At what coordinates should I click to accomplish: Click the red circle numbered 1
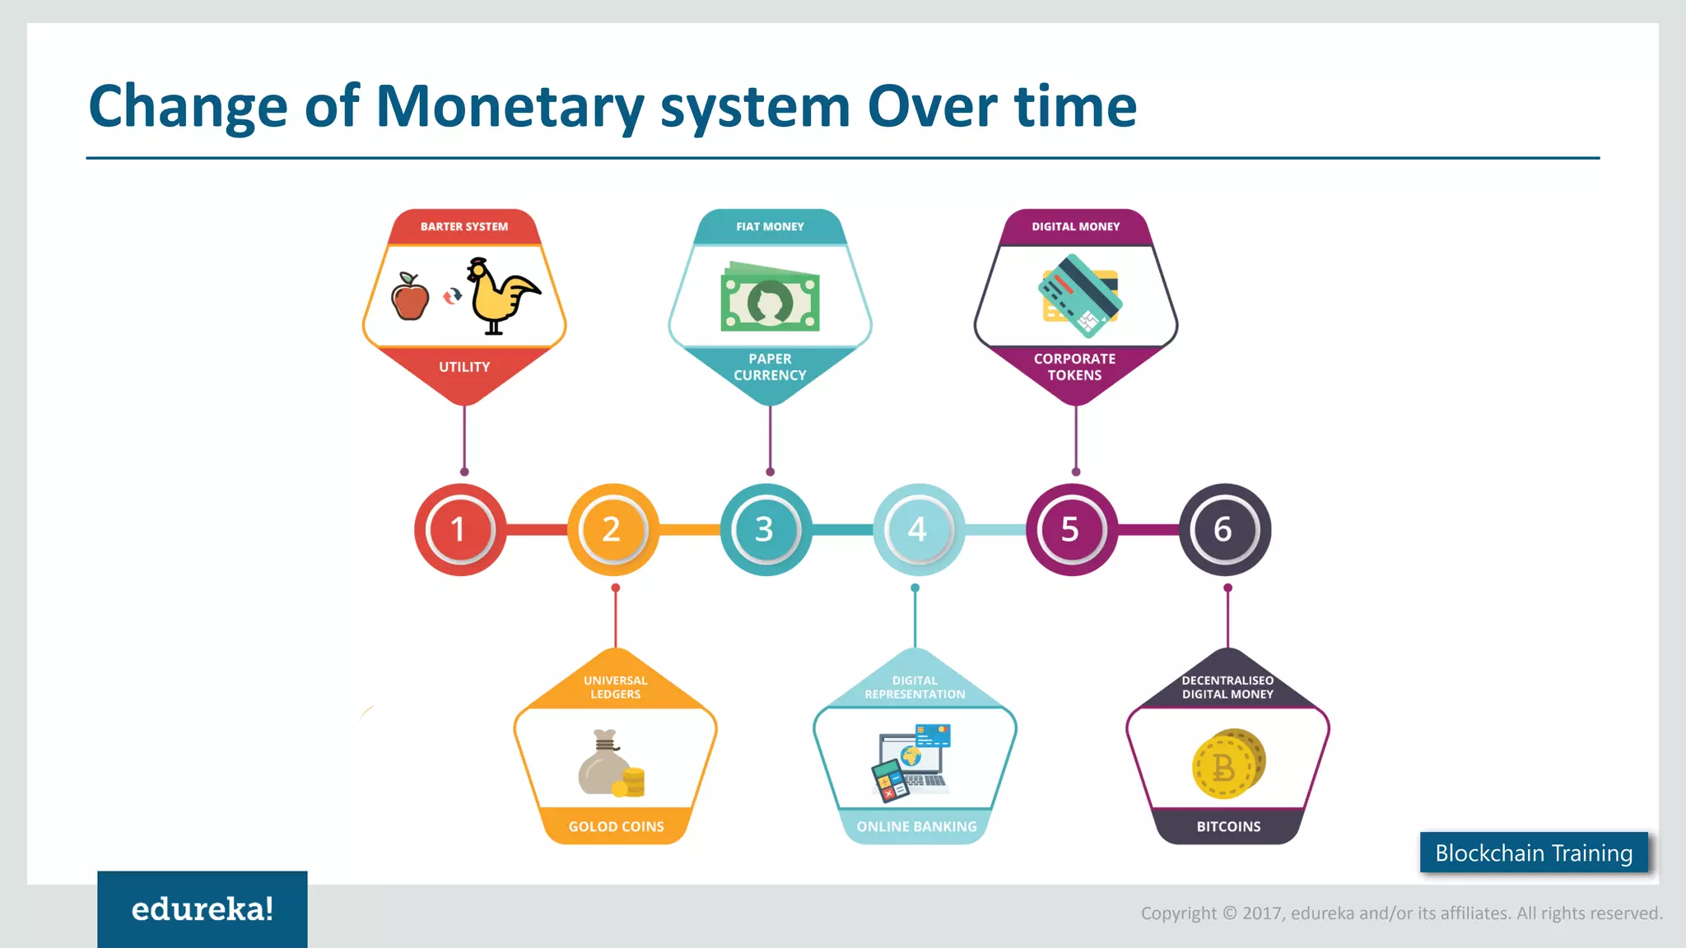click(459, 529)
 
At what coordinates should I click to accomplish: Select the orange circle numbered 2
click(612, 529)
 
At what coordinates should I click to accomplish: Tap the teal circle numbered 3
click(766, 529)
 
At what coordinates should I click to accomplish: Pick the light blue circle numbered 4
click(918, 529)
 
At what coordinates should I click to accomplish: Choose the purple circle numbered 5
click(1071, 529)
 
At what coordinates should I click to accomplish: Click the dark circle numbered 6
click(1224, 529)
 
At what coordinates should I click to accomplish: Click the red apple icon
click(410, 297)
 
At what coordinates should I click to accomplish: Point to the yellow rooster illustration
click(500, 296)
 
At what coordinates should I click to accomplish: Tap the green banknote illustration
click(770, 298)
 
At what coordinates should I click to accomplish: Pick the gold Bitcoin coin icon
click(1227, 764)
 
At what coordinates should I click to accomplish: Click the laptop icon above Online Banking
click(912, 760)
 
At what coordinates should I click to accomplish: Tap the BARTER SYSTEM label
click(464, 226)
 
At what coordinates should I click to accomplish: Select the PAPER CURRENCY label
click(770, 367)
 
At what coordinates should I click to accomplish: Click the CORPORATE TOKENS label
click(1074, 367)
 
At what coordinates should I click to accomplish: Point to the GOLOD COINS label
click(616, 826)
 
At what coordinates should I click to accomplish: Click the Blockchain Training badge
click(1534, 853)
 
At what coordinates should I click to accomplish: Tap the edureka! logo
click(203, 908)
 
